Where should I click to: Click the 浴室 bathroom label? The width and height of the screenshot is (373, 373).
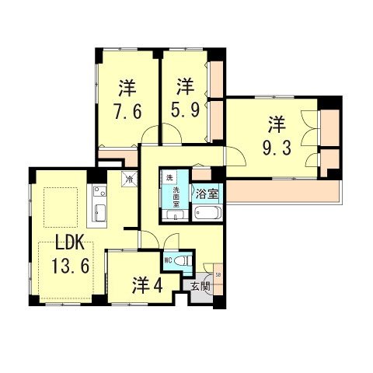pos(206,193)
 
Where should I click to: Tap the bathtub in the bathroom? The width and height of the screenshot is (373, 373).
pos(207,213)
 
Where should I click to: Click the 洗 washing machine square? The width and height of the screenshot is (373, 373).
pos(169,178)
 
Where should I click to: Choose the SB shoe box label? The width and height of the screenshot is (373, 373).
pos(217,274)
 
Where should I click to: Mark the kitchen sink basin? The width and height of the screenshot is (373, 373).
pos(99,211)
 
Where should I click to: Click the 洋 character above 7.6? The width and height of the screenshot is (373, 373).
pos(126,86)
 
